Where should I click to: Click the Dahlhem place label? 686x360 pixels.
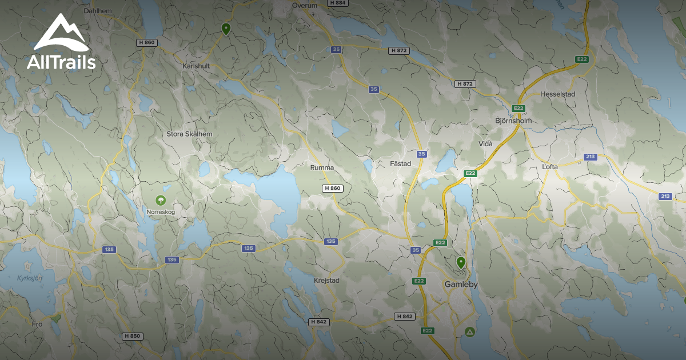[x=98, y=10]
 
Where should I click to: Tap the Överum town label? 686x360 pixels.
[x=304, y=5]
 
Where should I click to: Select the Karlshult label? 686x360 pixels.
[x=196, y=66]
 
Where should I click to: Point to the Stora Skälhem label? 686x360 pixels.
[x=189, y=134]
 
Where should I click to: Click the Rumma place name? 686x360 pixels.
[x=322, y=168]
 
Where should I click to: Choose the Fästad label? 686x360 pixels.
[x=400, y=164]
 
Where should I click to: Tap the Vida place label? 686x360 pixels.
[x=485, y=144]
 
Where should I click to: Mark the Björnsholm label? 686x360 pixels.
[x=513, y=121]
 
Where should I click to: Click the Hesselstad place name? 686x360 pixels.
[x=557, y=94]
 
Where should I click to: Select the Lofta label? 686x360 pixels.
[x=549, y=167]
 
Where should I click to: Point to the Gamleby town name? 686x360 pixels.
[x=461, y=284]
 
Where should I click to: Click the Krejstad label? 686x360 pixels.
[x=327, y=281]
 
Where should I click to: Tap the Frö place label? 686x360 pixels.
[x=38, y=324]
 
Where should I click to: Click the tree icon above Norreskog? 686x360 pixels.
[x=161, y=200]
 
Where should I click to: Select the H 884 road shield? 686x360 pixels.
[x=337, y=3]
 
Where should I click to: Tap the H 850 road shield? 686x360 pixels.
[x=132, y=337]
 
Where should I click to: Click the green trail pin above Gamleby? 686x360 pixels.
[x=461, y=262]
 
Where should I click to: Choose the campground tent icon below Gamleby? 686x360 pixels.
[x=470, y=331]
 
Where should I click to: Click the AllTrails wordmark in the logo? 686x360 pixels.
[x=61, y=62]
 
